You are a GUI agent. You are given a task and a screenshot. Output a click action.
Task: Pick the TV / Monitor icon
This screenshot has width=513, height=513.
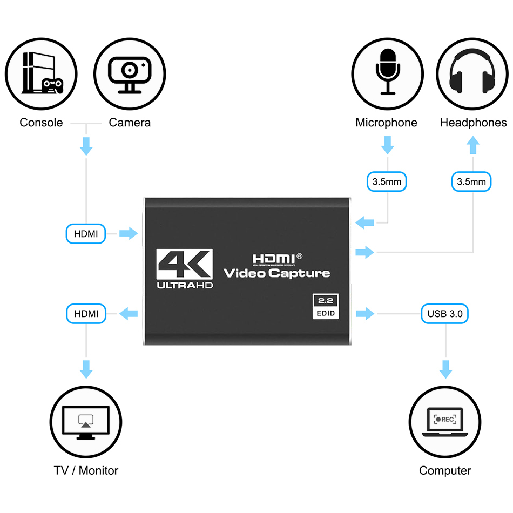[86, 422]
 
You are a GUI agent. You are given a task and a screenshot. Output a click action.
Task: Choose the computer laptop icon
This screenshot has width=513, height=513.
[446, 422]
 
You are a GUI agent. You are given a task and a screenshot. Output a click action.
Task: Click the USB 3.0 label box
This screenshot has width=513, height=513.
[444, 313]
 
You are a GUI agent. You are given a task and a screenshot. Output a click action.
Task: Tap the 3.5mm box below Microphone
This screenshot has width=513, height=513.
[387, 182]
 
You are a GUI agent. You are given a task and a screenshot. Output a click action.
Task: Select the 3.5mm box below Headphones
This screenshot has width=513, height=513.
[471, 182]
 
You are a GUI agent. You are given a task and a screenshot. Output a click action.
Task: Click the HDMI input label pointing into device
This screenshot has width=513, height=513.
[86, 234]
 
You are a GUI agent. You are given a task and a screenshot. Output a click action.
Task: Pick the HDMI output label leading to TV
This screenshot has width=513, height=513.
[86, 313]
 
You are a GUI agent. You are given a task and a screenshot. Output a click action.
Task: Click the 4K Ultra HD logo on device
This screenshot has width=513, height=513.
[185, 268]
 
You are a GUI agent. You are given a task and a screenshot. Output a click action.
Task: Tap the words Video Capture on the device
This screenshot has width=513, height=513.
[276, 273]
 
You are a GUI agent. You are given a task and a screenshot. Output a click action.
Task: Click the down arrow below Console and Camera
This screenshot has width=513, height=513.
[86, 145]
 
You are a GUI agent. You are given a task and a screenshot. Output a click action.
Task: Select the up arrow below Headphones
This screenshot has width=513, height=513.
[473, 145]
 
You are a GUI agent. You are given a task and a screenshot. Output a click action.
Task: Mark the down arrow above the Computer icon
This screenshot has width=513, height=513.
[446, 369]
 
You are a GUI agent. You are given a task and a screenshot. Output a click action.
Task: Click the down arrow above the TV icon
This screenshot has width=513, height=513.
[86, 369]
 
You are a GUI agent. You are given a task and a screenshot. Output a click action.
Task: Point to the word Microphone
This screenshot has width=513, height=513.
[386, 123]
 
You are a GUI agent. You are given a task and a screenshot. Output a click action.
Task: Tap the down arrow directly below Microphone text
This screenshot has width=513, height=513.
[387, 145]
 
